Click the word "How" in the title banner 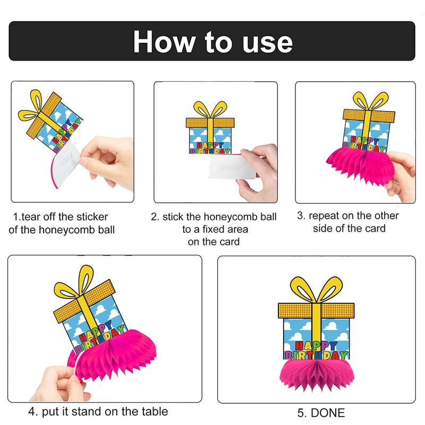tap(164, 41)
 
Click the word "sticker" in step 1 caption tap(92, 217)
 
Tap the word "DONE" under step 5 tap(328, 413)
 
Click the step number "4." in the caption tap(33, 412)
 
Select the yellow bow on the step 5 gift tap(317, 290)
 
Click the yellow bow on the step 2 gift tap(210, 110)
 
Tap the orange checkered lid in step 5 tap(316, 311)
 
